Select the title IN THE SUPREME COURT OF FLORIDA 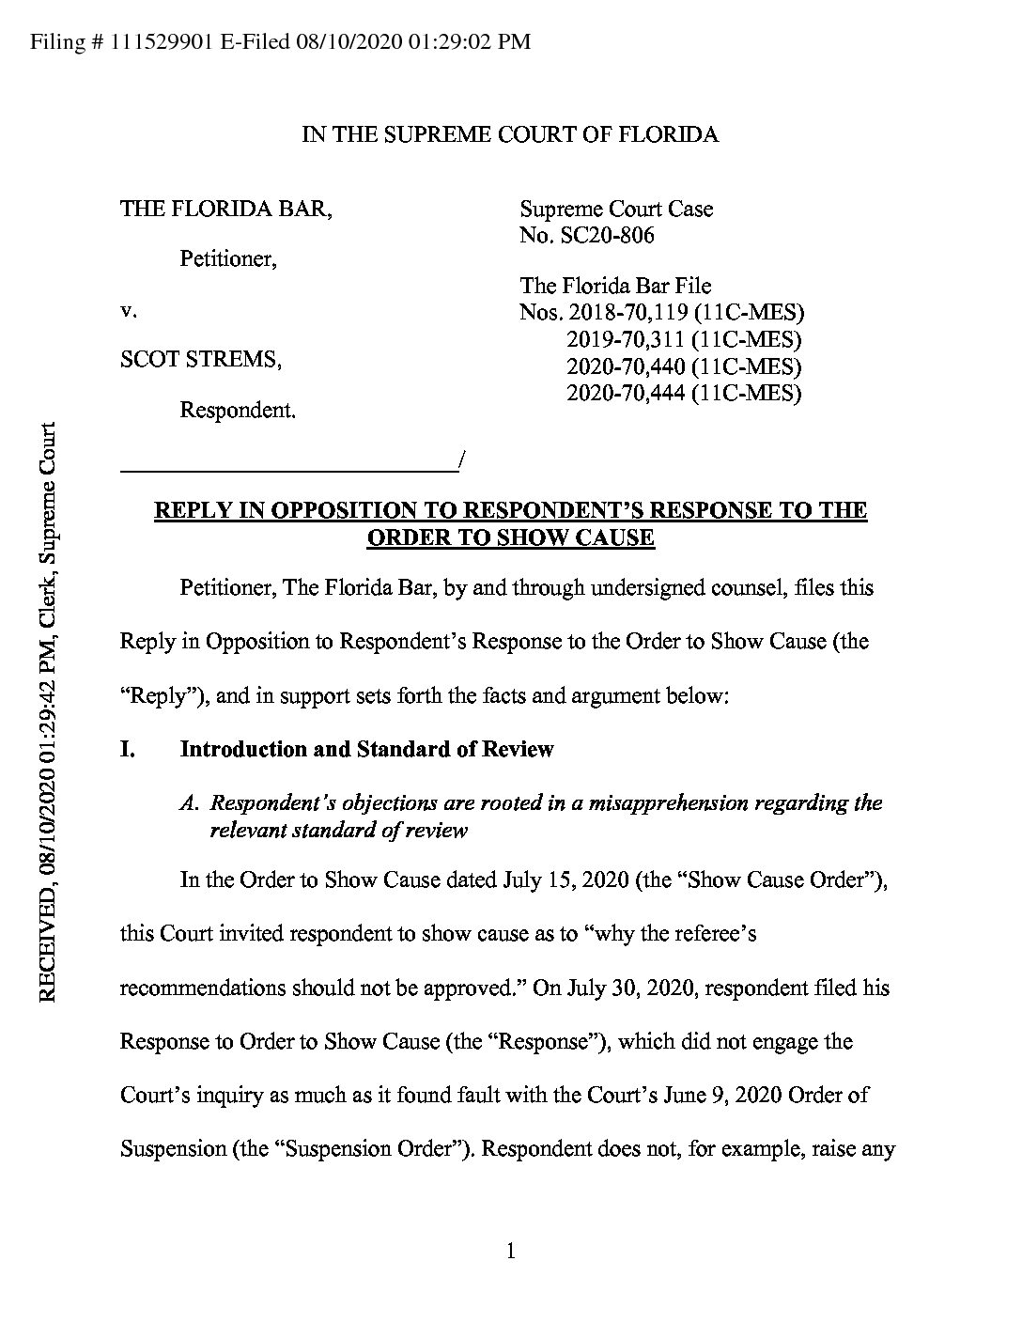(510, 134)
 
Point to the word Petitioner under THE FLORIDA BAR (227, 258)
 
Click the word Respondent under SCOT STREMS (237, 411)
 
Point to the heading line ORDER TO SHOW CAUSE (510, 537)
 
